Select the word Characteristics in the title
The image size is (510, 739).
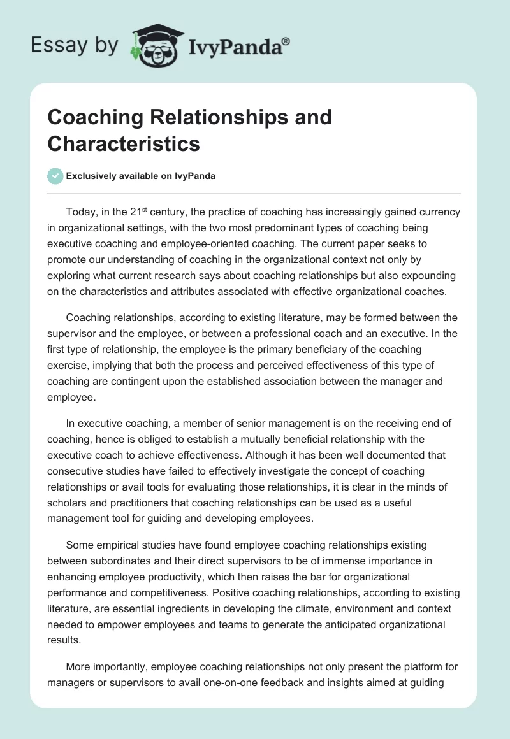tap(124, 143)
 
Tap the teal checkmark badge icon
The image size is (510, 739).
tap(55, 176)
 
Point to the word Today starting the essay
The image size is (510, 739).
tap(80, 212)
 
